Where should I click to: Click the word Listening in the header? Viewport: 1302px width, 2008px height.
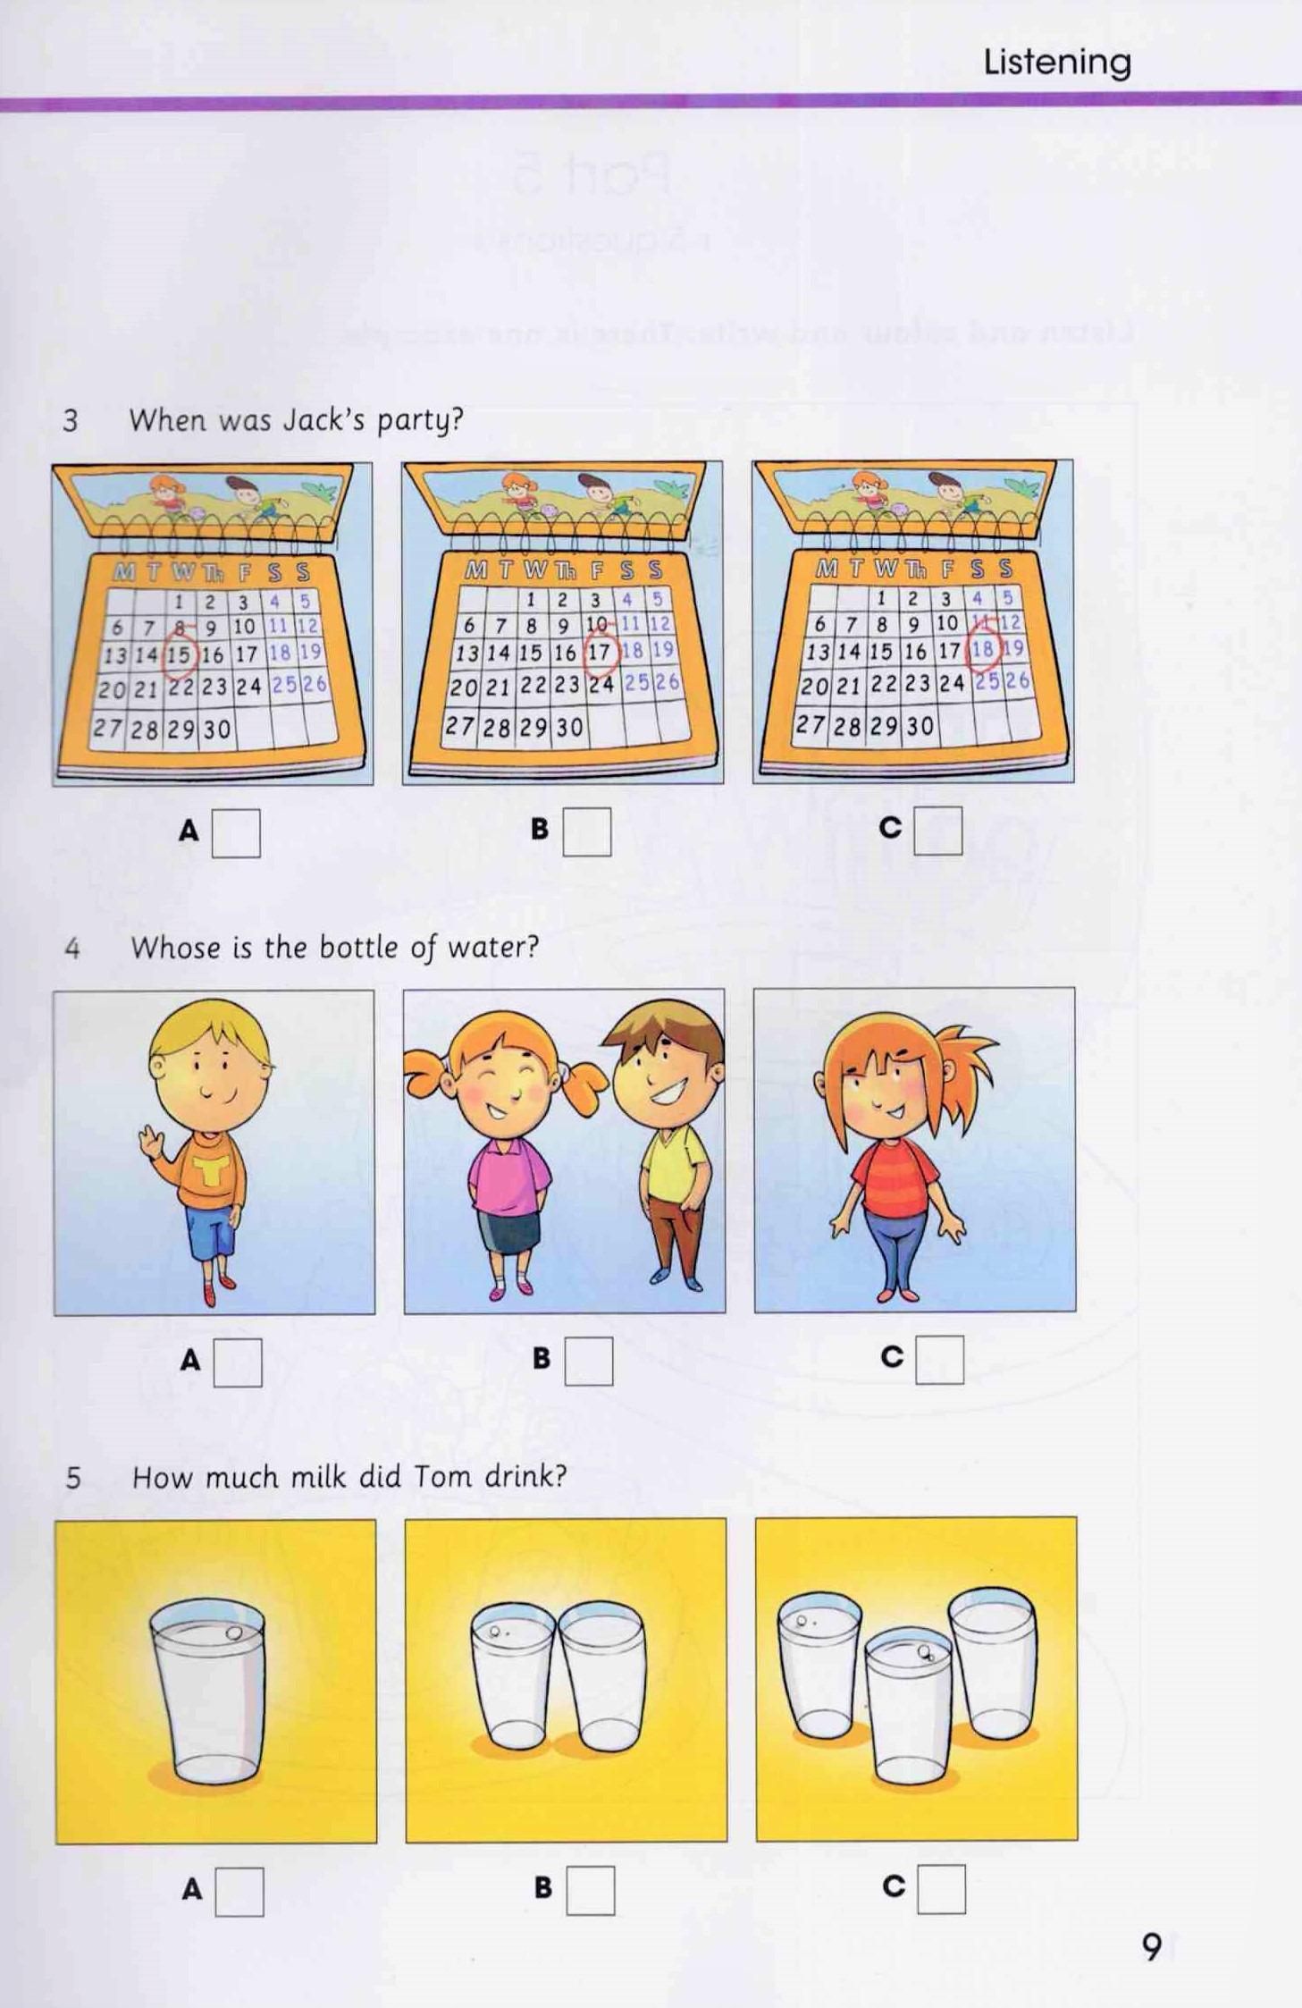(1056, 62)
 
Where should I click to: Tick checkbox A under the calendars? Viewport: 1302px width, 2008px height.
(236, 832)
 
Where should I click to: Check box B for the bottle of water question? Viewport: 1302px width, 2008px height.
(588, 1361)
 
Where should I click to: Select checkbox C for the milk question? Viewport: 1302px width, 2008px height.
(941, 1888)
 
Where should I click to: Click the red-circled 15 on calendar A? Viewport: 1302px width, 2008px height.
(179, 655)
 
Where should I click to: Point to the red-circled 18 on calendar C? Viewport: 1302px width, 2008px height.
(982, 650)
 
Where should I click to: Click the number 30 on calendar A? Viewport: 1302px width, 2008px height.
(216, 730)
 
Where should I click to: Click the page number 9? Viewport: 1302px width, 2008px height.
(1151, 1946)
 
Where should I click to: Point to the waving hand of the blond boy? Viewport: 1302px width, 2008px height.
(149, 1144)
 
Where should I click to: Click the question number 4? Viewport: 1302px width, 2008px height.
(72, 949)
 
